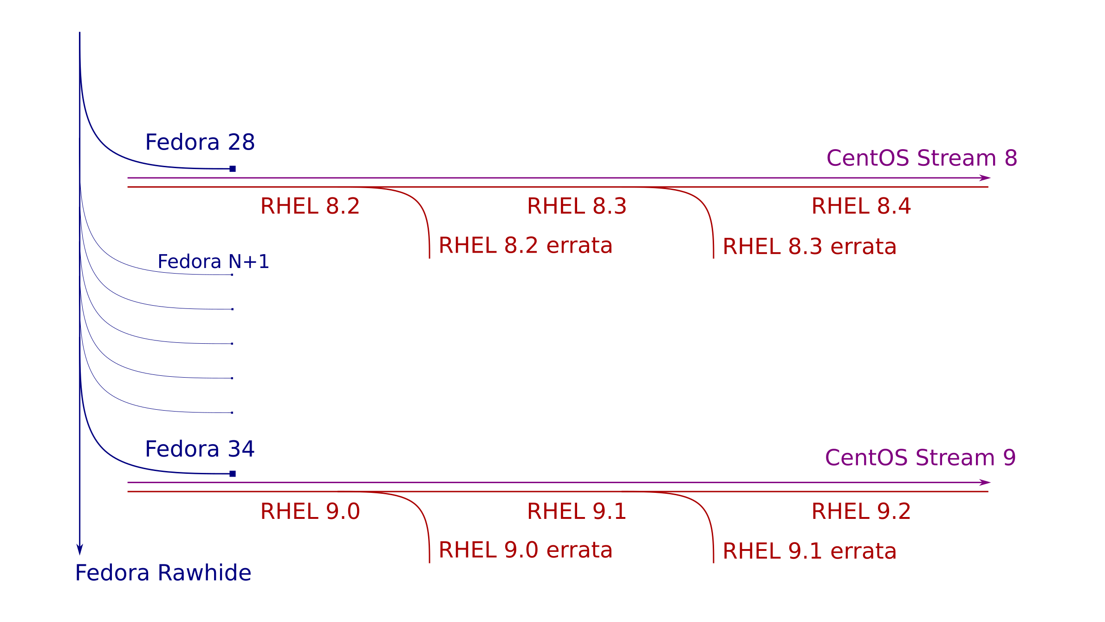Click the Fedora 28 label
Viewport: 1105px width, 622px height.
tap(200, 142)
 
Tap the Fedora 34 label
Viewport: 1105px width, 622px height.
tap(200, 449)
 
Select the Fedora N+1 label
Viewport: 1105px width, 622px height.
tap(214, 262)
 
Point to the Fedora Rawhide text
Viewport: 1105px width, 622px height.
tap(163, 573)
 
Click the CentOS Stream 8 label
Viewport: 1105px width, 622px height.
tap(922, 158)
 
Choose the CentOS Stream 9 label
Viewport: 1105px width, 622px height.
tap(921, 458)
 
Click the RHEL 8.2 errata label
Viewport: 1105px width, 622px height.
tap(526, 245)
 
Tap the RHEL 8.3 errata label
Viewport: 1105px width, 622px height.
tap(810, 246)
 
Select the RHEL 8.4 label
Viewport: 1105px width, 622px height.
tap(861, 206)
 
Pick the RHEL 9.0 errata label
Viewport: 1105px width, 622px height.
tap(526, 550)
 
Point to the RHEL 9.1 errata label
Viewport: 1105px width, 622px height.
tap(810, 551)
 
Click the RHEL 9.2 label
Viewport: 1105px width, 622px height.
tap(861, 511)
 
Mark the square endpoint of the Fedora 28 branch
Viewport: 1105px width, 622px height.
tap(233, 169)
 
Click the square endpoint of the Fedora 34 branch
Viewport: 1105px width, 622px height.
tap(233, 474)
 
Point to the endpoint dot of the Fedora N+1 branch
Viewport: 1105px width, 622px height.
tap(232, 275)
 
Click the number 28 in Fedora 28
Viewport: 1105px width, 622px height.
tap(241, 142)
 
